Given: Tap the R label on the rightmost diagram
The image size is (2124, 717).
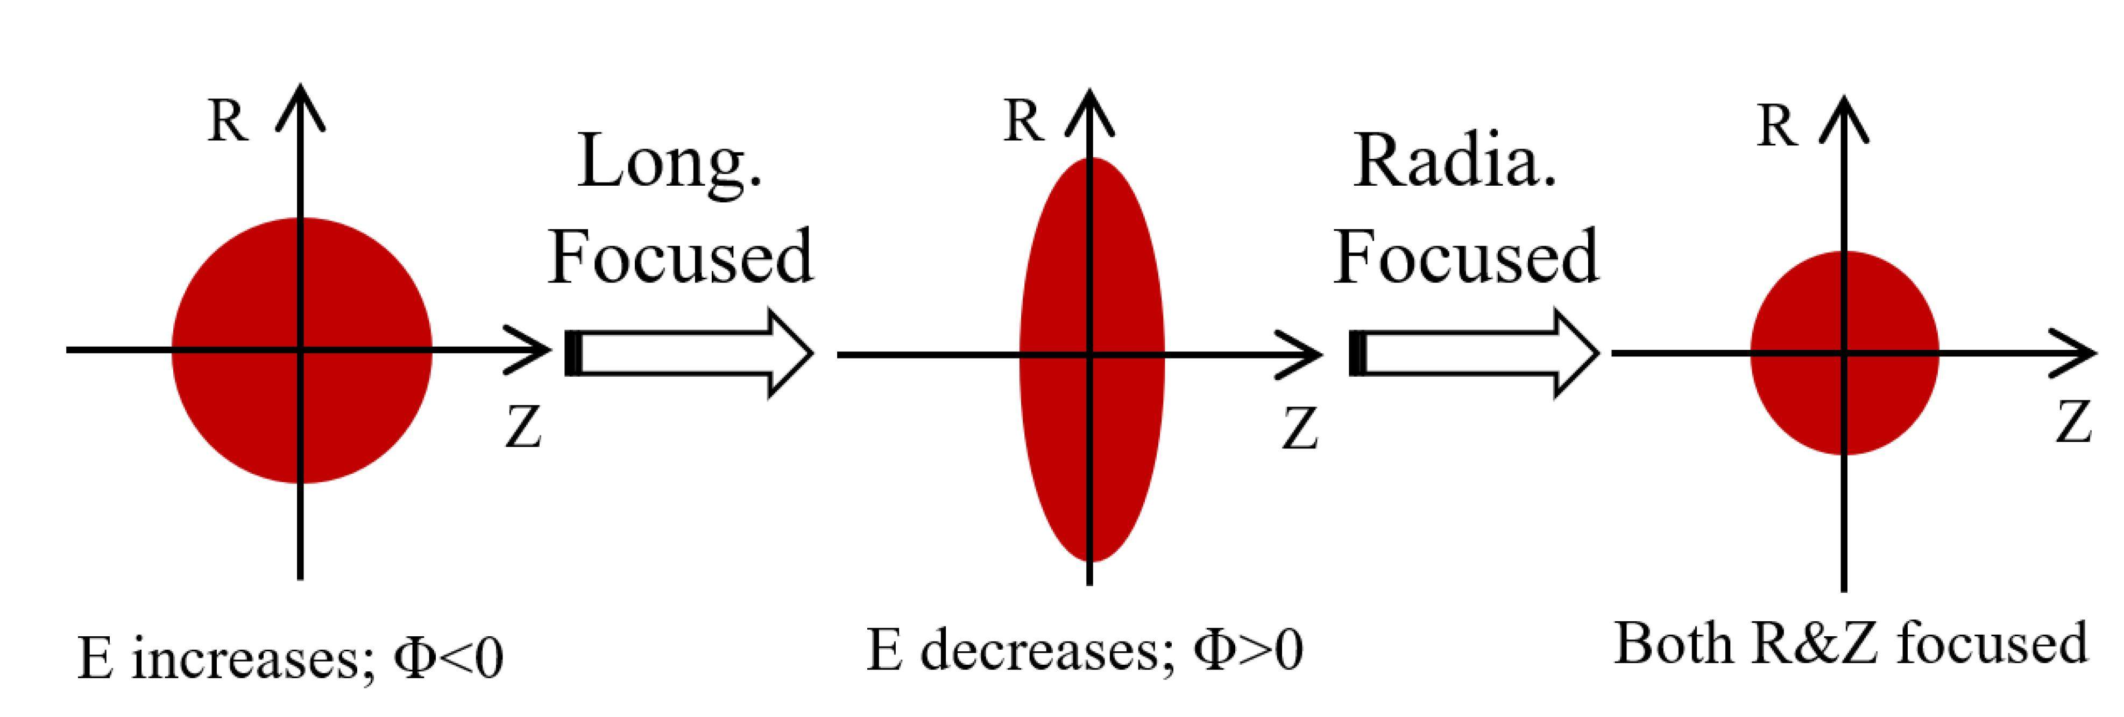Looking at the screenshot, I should pos(1777,128).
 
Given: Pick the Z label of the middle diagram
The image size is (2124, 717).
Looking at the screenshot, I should pos(1300,429).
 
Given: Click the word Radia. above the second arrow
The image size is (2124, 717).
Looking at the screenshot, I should pos(1455,161).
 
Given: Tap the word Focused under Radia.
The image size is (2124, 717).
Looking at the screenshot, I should pos(1466,257).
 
